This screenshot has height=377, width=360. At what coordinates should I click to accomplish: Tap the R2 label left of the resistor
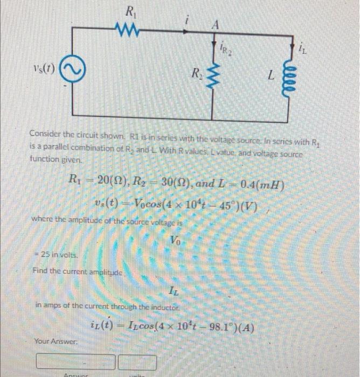tap(197, 74)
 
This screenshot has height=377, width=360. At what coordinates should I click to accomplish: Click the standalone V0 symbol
tap(177, 239)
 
